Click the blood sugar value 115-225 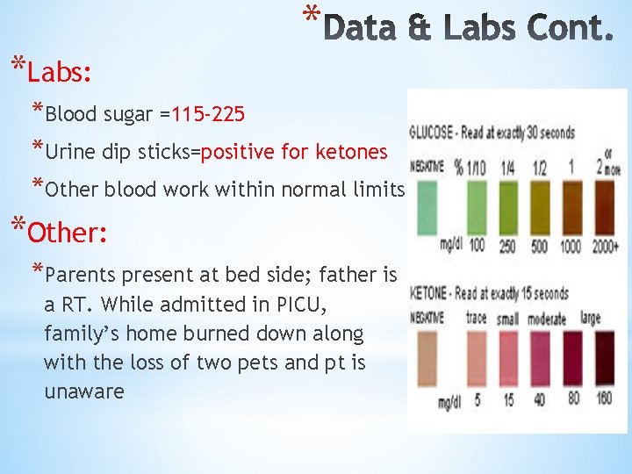[208, 114]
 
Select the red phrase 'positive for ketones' [294, 152]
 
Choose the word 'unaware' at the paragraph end [84, 391]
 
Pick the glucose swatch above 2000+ [600, 205]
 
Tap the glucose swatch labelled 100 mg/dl [476, 205]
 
